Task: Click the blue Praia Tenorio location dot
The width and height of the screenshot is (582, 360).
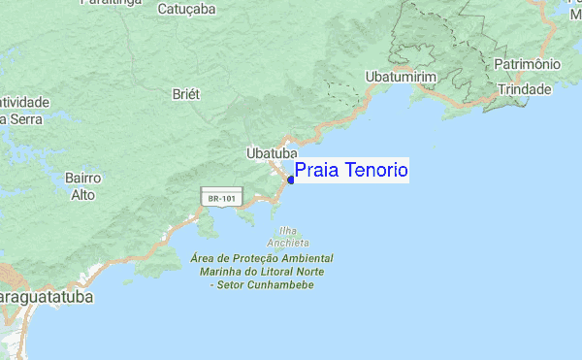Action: point(291,180)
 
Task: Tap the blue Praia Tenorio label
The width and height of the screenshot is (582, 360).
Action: point(351,171)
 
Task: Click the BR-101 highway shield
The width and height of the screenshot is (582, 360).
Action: point(217,198)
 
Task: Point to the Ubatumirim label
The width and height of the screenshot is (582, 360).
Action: point(403,77)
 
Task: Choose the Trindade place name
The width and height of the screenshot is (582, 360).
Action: point(524,89)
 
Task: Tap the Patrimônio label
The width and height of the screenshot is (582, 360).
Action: point(527,64)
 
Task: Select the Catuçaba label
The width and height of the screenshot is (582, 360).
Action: point(186,9)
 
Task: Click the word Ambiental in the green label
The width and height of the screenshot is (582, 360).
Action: point(307,260)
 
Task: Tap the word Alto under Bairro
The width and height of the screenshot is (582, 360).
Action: point(82,195)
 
